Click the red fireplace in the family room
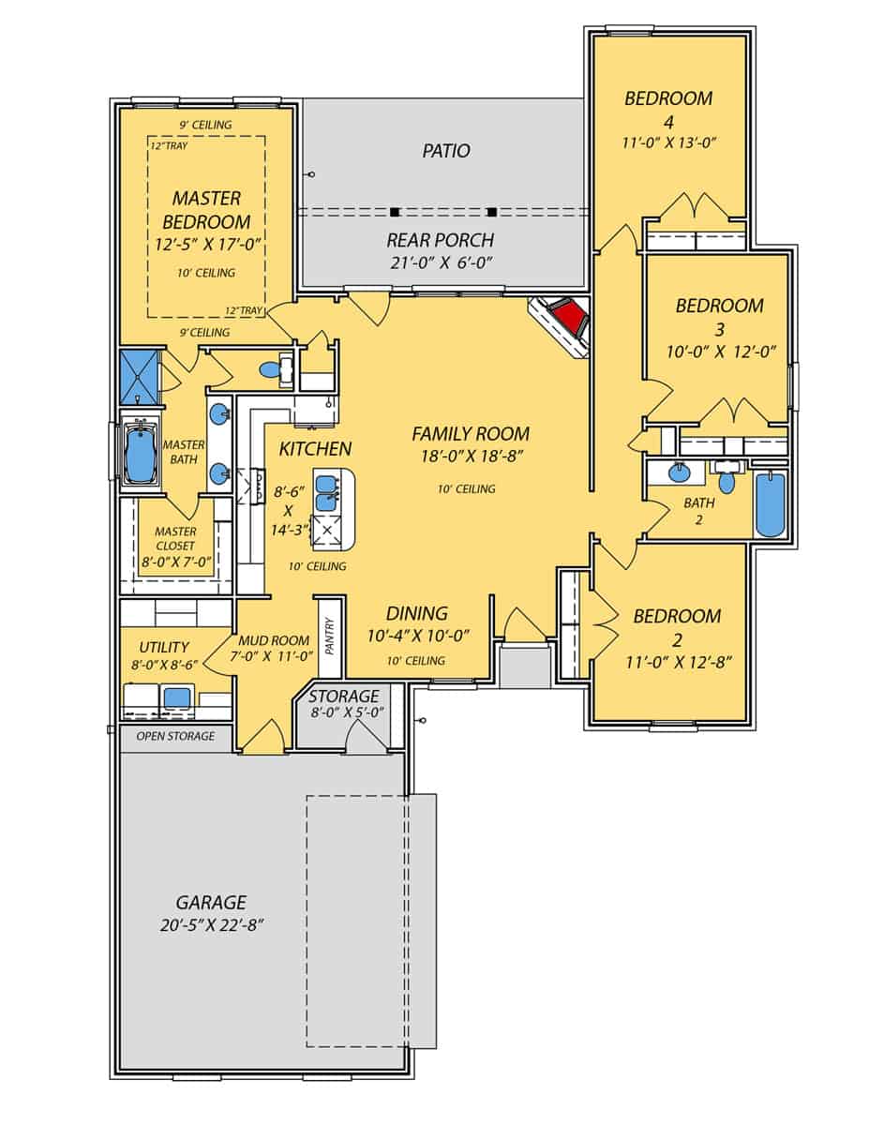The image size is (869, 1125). pos(566,321)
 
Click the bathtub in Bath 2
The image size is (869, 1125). pos(770,505)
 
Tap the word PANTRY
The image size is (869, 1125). pos(328,636)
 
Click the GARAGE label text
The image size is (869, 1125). pos(211,903)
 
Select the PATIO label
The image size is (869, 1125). pos(445,150)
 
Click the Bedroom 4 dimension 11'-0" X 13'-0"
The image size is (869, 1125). pos(669,143)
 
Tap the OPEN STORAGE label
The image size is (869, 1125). pos(175,736)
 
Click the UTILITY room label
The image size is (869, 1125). pos(164,647)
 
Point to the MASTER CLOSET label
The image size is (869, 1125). pos(175,539)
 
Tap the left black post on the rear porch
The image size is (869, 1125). pos(395,211)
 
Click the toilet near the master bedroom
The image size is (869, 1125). pos(270,369)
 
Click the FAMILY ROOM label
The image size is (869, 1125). pos(471,434)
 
